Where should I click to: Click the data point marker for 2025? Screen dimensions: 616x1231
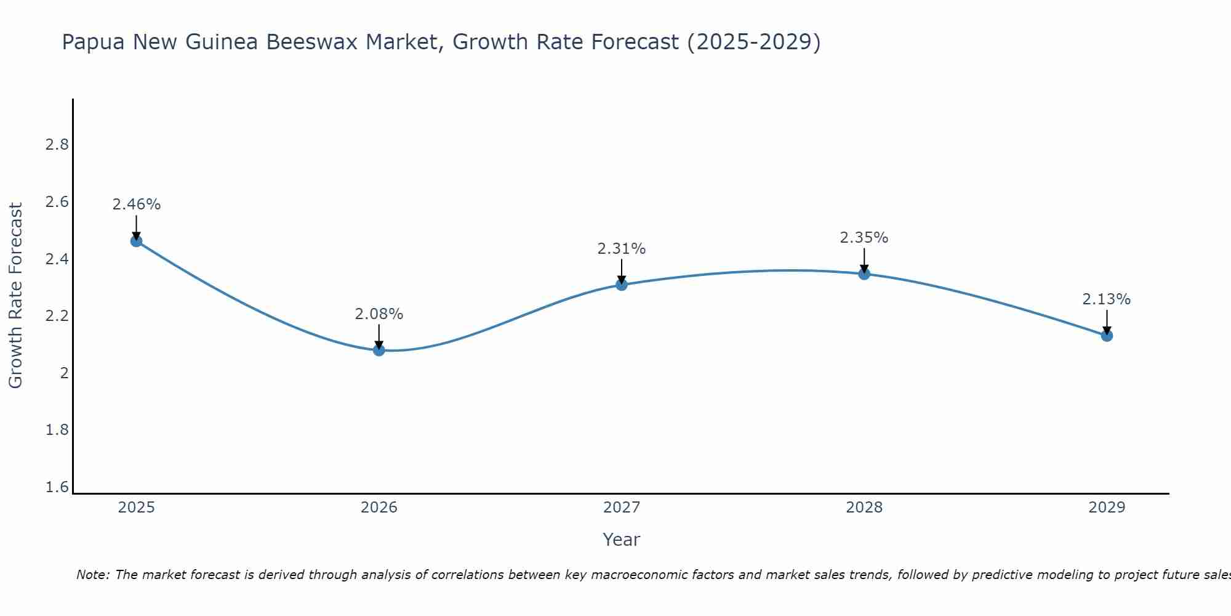[x=137, y=241]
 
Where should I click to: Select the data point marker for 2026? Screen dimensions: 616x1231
[x=379, y=350]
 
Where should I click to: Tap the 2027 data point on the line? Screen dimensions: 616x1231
[x=622, y=285]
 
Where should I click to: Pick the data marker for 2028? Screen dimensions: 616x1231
[x=864, y=274]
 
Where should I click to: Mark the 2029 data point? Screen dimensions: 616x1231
[x=1107, y=336]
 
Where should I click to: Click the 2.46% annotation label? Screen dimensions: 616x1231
[x=137, y=205]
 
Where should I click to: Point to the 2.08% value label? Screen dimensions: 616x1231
[x=379, y=314]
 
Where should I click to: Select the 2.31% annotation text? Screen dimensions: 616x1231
[x=622, y=249]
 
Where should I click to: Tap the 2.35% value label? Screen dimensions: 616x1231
[x=864, y=238]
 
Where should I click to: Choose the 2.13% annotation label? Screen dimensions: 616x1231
[x=1107, y=299]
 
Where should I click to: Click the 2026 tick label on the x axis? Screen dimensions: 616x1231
[x=379, y=508]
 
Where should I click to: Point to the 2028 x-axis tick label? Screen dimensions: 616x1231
[x=864, y=508]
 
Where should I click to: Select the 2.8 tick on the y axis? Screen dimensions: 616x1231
[x=57, y=145]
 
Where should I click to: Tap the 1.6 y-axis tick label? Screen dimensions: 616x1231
[x=57, y=487]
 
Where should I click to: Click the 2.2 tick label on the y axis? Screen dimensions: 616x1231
[x=57, y=316]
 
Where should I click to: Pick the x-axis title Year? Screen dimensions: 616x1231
[x=622, y=540]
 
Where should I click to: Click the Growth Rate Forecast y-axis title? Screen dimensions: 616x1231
[x=15, y=296]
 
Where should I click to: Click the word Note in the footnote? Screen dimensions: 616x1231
[x=92, y=575]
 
